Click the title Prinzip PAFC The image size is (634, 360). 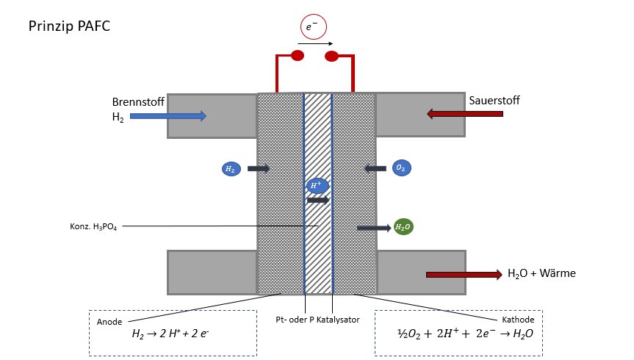pos(69,26)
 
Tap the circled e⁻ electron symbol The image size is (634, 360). pos(314,26)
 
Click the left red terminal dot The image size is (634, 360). pos(298,55)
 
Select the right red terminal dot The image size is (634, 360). pos(331,57)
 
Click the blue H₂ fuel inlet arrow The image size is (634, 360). pos(168,116)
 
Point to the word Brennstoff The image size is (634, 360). pos(138,101)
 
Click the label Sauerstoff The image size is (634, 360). pos(494,101)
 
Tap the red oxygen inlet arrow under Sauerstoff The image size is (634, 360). pos(465,114)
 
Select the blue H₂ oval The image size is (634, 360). pos(231,169)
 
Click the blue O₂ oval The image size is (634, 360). pos(402,168)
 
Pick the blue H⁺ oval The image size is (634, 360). pos(317,186)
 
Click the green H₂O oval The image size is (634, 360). pos(403,227)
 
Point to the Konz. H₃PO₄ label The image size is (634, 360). pos(93,226)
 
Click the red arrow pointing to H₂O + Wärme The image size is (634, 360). pos(464,275)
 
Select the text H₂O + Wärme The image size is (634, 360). pos(541,273)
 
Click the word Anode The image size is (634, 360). pos(109,322)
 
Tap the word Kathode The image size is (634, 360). pos(518,320)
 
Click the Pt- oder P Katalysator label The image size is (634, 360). pos(317,320)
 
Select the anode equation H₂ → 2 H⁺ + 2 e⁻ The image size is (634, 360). pos(170,334)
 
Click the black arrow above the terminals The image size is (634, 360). pos(315,43)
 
